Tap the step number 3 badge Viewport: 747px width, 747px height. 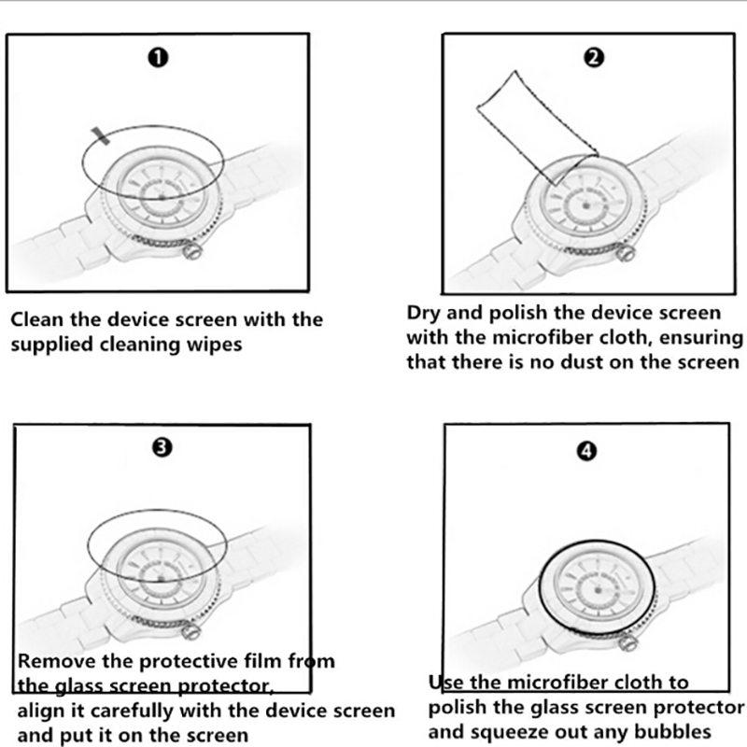click(160, 447)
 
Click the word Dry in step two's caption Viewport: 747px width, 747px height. click(424, 312)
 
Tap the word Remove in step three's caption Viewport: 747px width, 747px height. click(51, 661)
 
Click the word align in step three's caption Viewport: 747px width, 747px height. click(40, 710)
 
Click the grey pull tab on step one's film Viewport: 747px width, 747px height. click(102, 136)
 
